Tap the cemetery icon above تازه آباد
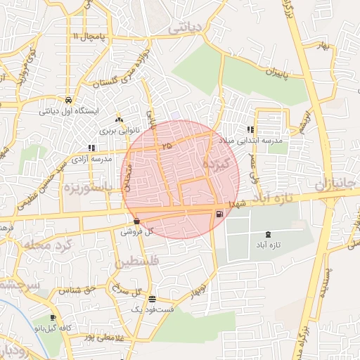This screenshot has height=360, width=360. pos(268,234)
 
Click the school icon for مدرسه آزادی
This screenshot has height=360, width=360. pos(91,148)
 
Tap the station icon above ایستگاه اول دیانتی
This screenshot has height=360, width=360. pos(67,99)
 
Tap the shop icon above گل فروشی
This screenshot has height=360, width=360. pos(136,221)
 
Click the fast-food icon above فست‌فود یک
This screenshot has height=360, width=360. pos(153,299)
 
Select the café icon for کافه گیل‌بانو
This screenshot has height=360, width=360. pos(52,317)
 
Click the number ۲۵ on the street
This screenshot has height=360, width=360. pos(166,145)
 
